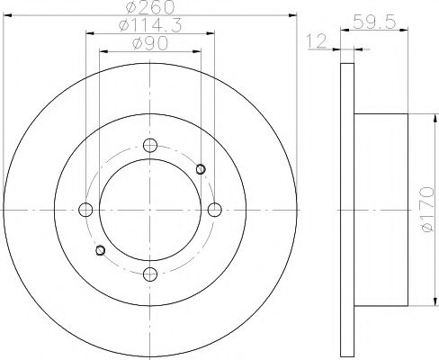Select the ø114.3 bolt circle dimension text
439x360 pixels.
pos(149,26)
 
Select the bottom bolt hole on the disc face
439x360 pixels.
pos(150,273)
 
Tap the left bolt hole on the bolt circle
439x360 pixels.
pos(86,209)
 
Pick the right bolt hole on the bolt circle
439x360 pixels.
pos(214,209)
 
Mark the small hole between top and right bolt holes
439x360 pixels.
pos(201,167)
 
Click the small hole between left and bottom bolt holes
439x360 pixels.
pos(100,249)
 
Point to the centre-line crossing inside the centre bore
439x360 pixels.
pos(150,209)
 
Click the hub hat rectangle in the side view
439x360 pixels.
pos(386,209)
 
